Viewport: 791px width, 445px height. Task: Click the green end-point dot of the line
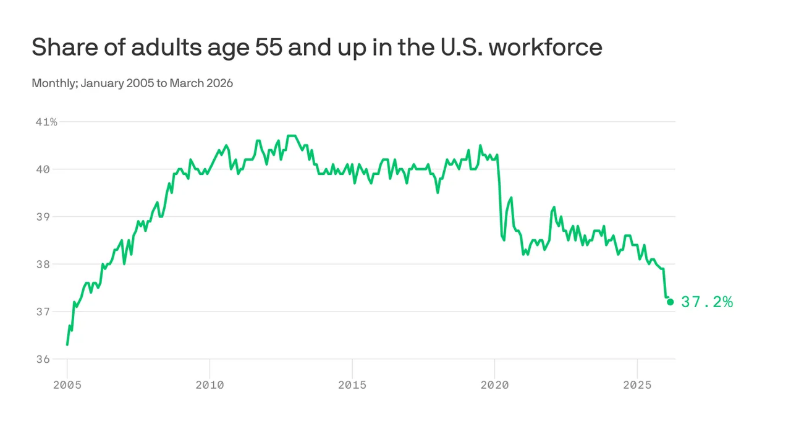(670, 302)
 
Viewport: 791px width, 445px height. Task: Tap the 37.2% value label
(707, 302)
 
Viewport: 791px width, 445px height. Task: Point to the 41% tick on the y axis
(46, 122)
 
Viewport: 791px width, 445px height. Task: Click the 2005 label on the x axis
(67, 385)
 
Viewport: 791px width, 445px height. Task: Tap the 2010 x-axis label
(209, 385)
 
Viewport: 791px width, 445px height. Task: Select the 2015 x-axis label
(352, 385)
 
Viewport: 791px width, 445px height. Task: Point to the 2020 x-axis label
(494, 385)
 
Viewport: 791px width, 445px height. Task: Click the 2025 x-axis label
(637, 385)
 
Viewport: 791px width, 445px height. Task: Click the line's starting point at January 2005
(67, 344)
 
